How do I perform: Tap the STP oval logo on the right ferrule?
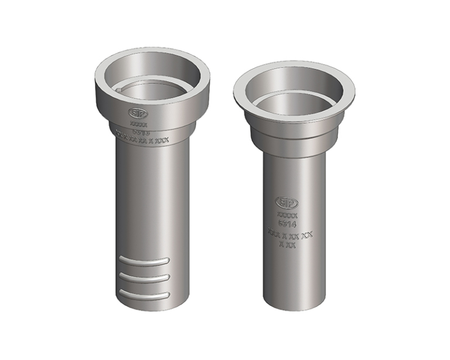[x=287, y=203]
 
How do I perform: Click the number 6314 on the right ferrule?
[x=287, y=224]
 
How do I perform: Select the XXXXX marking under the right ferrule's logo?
[x=287, y=216]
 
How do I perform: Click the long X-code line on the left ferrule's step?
[x=142, y=140]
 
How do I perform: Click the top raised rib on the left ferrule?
[x=144, y=260]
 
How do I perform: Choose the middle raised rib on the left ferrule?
[x=144, y=277]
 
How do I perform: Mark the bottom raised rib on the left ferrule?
[x=144, y=293]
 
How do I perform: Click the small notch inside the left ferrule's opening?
[x=120, y=90]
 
